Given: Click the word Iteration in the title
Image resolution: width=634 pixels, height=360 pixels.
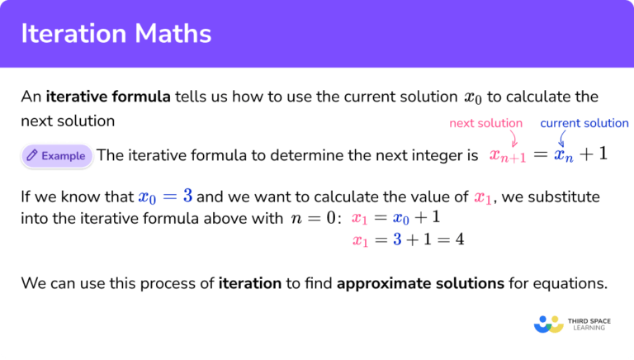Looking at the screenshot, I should coord(75,34).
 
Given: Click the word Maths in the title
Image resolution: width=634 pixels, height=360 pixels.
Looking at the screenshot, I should coord(174,34).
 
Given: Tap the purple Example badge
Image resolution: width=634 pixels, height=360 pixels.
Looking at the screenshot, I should coord(56,154).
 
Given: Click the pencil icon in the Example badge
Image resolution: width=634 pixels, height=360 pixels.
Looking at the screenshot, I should coord(31,154).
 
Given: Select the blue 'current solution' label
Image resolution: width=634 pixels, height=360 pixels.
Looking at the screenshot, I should coord(584,123).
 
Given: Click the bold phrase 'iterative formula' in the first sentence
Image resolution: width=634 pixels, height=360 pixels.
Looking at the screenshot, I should coord(108,97).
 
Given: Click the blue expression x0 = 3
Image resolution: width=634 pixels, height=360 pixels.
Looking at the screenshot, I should coord(165,197).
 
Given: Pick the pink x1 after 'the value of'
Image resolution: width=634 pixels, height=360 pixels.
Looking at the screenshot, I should coord(483,198).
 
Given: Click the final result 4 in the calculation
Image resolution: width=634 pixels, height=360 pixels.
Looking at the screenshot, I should coord(460,240).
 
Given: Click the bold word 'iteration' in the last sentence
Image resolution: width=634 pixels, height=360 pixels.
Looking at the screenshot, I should coord(249,284).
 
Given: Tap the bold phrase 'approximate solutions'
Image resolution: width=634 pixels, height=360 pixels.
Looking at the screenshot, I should coord(420,284).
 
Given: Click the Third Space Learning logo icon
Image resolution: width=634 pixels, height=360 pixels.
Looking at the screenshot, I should coord(548,323).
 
